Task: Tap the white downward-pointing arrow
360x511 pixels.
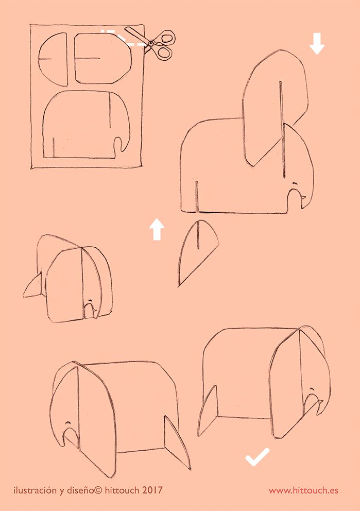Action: click(317, 43)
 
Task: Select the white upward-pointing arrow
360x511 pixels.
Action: click(157, 229)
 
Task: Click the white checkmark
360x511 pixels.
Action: click(257, 457)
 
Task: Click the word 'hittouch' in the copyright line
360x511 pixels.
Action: click(122, 490)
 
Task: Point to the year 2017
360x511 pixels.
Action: click(152, 490)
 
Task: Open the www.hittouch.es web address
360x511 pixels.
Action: click(303, 490)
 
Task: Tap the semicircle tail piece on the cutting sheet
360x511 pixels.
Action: click(53, 59)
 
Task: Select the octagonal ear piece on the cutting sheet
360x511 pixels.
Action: click(103, 58)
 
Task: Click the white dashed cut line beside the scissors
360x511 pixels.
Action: click(124, 39)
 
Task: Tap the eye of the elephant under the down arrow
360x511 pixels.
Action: click(295, 183)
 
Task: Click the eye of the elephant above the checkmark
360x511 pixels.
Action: click(312, 390)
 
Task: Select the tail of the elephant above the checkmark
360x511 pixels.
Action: click(207, 411)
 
